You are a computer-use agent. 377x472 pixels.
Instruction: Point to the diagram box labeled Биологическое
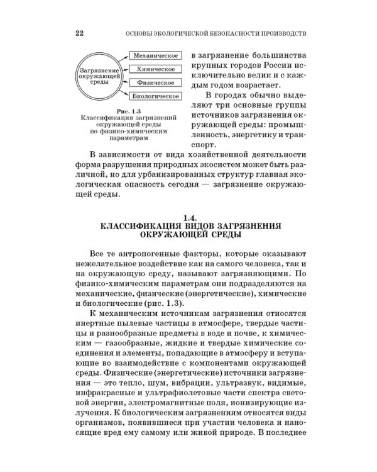tap(154, 96)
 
